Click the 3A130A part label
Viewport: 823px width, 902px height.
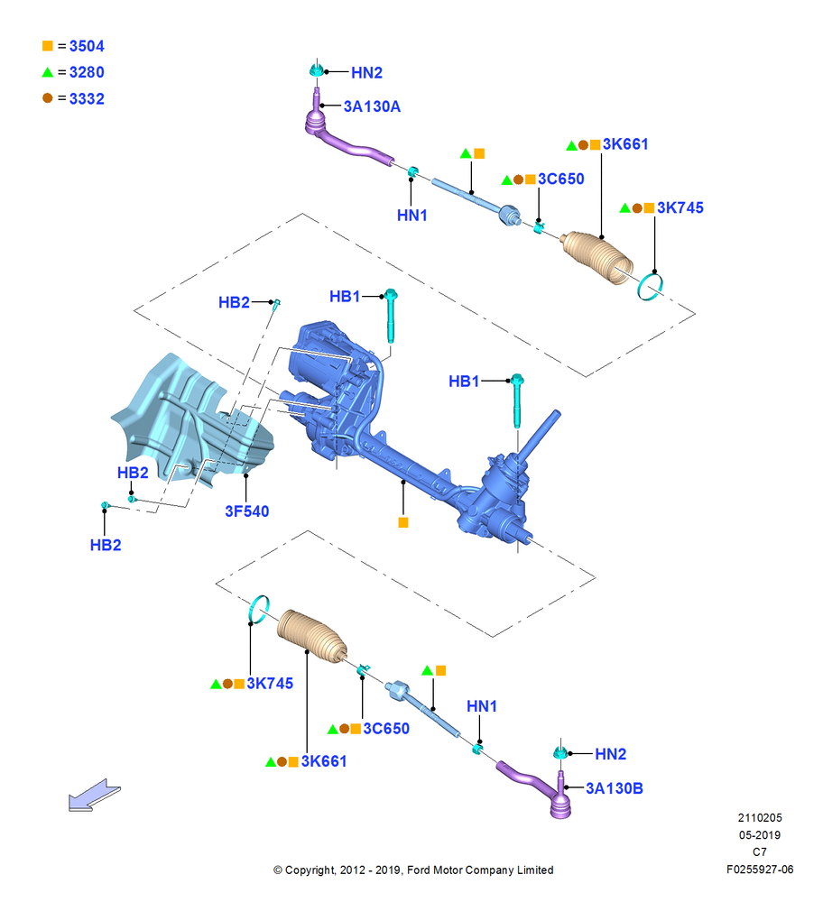[372, 106]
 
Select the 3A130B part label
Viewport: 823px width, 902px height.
[614, 788]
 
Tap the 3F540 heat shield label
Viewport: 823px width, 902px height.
[247, 511]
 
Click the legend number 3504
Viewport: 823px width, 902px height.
[87, 46]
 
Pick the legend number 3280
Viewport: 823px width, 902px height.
[87, 72]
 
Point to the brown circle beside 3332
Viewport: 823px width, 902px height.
[48, 98]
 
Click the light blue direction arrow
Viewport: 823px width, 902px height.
[95, 796]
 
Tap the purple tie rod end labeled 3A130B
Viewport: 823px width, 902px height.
[541, 788]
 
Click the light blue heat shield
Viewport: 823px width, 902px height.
[190, 420]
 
